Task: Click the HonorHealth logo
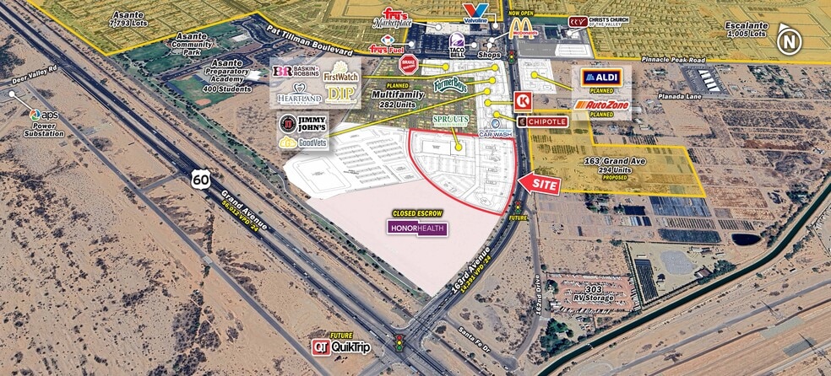click(x=416, y=228)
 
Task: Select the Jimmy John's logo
click(x=301, y=125)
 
